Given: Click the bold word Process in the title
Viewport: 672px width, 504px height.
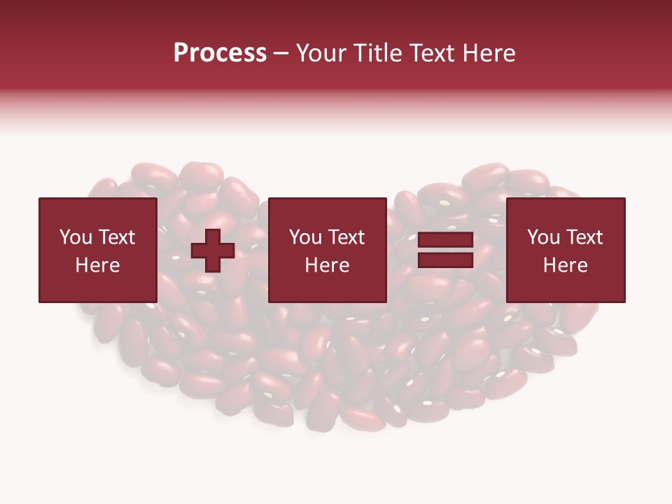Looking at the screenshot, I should [220, 53].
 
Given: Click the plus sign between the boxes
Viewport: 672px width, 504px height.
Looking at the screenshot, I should [213, 250].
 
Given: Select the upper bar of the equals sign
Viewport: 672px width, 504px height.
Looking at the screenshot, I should [446, 240].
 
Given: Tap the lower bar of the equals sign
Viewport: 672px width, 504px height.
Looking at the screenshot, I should [446, 260].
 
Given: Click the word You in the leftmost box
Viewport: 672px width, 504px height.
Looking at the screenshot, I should [75, 237].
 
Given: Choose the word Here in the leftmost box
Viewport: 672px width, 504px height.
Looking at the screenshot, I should [97, 265].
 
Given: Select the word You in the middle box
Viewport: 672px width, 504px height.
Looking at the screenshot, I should [304, 237].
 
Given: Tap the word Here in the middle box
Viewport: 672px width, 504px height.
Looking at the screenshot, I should [327, 265].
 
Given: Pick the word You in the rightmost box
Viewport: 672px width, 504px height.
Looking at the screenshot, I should [542, 237].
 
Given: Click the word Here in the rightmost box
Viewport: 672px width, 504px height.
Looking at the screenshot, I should [565, 265].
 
